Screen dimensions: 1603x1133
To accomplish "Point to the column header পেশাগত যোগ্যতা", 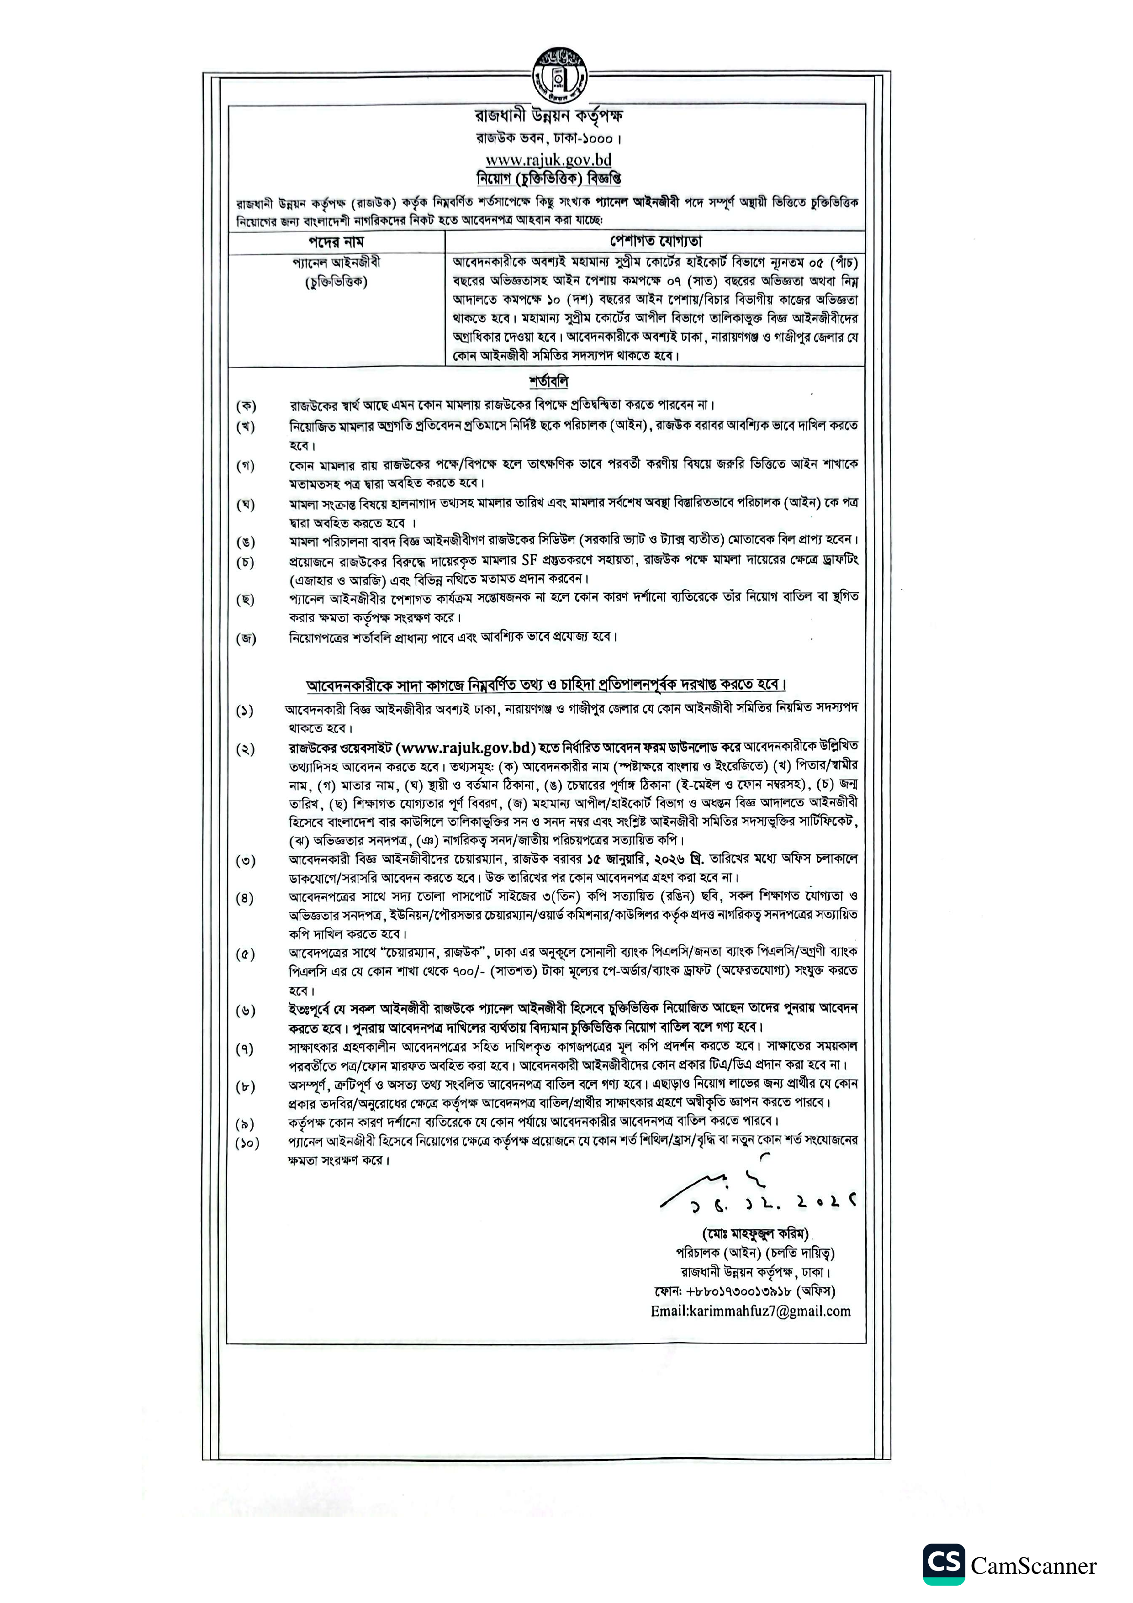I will tap(656, 242).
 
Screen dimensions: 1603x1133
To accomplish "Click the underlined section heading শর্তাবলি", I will tap(548, 382).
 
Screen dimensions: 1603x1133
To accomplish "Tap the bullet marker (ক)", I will tap(246, 406).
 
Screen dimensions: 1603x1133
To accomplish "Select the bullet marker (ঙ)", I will tap(246, 542).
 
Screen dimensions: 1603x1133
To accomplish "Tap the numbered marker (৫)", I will tap(245, 954).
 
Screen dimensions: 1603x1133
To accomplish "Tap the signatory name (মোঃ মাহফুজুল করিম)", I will tap(755, 1234).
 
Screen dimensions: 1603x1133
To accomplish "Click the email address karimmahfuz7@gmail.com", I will tap(751, 1311).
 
